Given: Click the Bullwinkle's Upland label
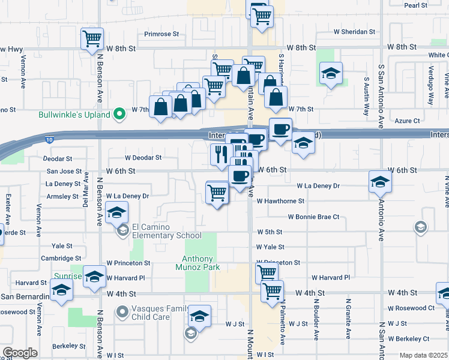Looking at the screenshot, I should point(74,115).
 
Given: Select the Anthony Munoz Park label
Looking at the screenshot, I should point(201,263).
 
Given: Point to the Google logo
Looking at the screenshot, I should point(20,353).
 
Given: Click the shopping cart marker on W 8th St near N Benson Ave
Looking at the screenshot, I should point(92,39).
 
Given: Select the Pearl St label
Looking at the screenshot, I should point(415,5).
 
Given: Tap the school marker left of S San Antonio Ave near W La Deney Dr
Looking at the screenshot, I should point(380,182).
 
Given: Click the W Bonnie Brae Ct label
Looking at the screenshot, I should point(313,217).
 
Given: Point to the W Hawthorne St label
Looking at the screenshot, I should point(280,201).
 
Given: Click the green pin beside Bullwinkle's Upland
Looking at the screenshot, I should point(119,112).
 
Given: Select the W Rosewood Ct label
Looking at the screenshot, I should point(411,308).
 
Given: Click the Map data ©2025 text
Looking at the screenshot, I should point(424,355).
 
